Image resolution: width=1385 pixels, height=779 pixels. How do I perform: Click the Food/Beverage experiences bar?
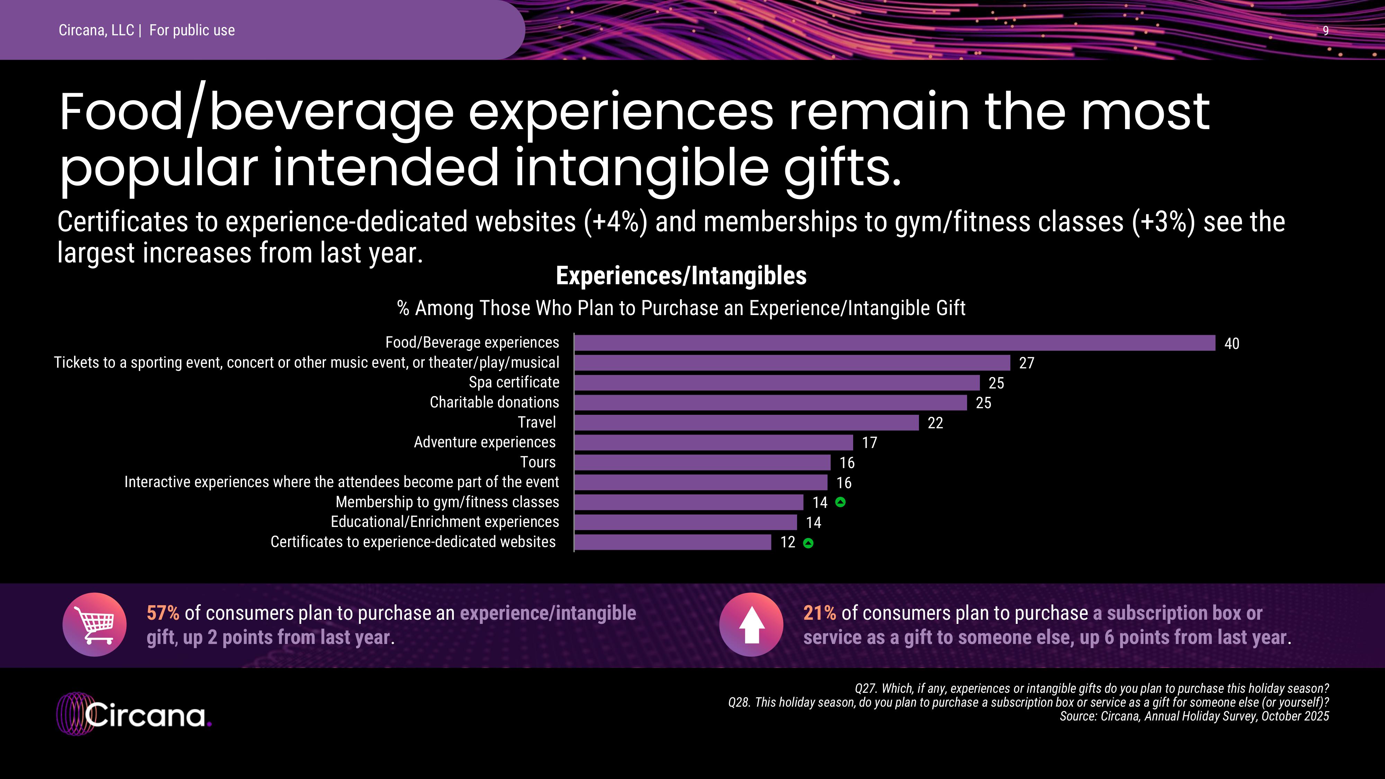point(895,343)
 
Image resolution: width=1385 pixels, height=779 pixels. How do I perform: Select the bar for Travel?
point(746,422)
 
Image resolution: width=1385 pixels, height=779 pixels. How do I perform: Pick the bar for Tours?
point(702,462)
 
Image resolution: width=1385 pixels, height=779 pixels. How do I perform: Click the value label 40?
point(1231,343)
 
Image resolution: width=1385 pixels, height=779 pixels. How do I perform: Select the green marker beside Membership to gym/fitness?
point(840,502)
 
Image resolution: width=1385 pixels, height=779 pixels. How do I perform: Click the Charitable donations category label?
point(494,402)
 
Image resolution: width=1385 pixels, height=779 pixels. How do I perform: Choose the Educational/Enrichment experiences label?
point(445,522)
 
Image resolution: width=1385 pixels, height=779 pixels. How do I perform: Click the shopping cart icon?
point(95,625)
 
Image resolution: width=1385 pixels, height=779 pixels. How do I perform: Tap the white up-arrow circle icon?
point(751,625)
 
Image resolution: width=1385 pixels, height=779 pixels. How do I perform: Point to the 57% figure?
point(163,613)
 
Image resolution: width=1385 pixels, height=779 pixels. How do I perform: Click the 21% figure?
point(819,613)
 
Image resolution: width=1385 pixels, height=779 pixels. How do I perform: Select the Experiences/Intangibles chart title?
point(681,276)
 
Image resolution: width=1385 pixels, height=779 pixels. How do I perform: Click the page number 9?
point(1325,31)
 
